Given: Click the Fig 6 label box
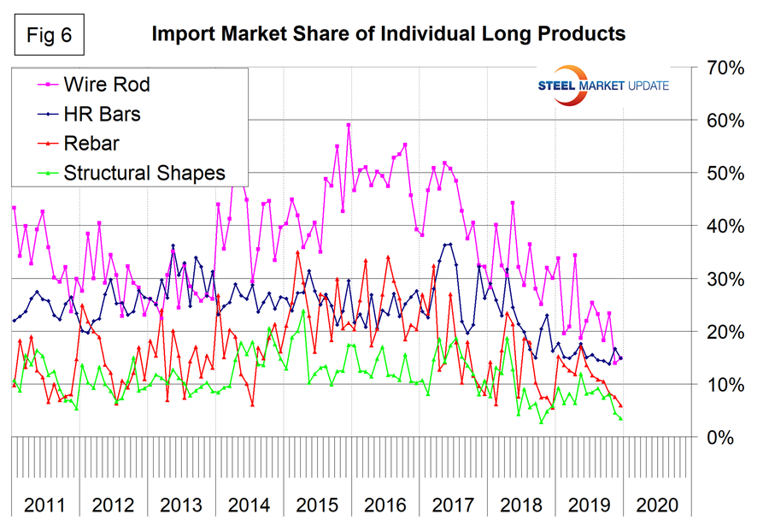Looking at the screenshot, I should (52, 35).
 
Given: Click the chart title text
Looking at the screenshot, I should (389, 34).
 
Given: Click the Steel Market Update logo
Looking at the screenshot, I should (603, 86).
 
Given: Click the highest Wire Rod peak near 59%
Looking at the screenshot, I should (349, 125).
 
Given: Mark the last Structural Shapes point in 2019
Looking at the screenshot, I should (620, 418).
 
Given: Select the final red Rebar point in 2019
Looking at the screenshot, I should (620, 405).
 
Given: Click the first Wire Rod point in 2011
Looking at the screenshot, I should (14, 207).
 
